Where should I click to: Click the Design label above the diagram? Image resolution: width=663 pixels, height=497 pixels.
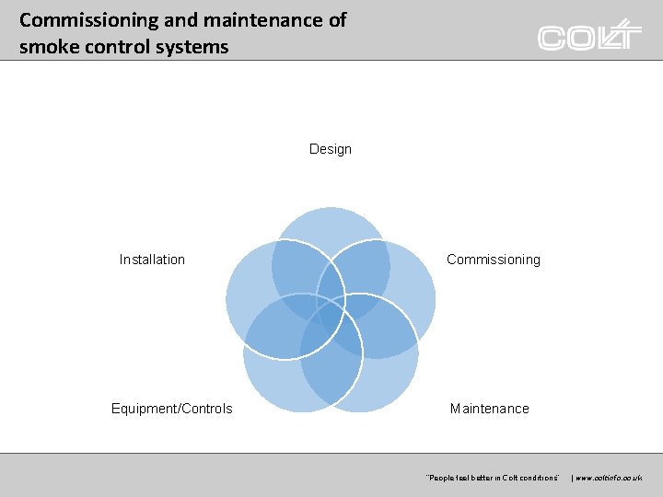330,149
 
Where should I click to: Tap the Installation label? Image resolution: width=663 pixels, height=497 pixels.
152,260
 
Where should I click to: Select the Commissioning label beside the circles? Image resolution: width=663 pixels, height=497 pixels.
493,260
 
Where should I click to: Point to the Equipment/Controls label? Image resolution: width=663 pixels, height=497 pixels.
171,409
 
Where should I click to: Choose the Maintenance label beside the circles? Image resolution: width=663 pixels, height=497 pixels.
489,409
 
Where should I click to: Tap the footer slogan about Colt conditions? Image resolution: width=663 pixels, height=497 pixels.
492,478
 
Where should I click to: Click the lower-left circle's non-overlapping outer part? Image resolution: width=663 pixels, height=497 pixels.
272,387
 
